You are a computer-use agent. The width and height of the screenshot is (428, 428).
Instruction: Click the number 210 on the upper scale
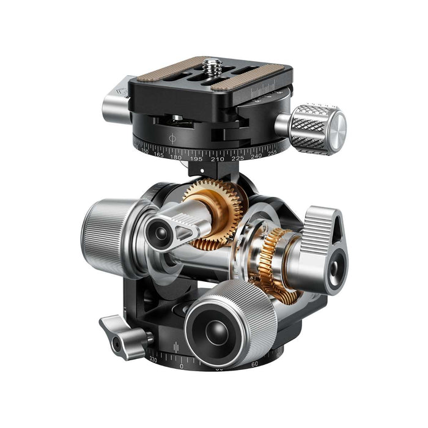[x=217, y=159]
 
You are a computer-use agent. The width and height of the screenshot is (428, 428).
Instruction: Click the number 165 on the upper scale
[x=158, y=153]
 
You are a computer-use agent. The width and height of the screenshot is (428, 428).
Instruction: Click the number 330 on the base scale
[x=153, y=361]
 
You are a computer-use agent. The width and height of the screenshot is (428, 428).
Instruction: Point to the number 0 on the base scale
[x=181, y=366]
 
